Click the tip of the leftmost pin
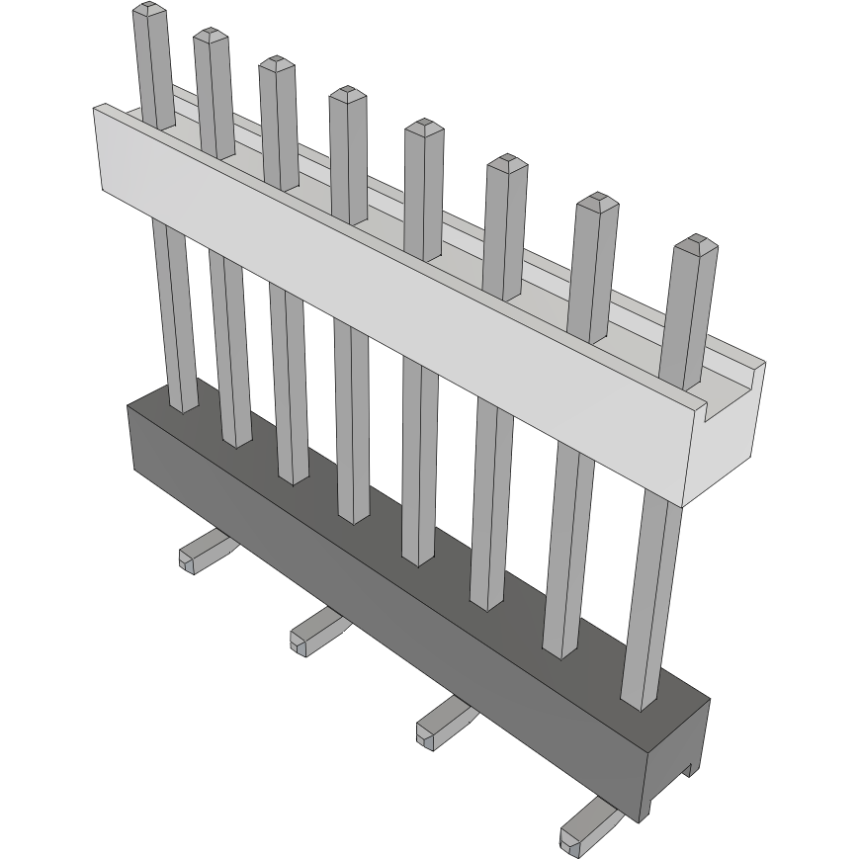(x=146, y=9)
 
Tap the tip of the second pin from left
(x=211, y=36)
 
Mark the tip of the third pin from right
(x=506, y=161)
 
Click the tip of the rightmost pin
(x=694, y=242)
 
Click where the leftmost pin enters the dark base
(x=183, y=404)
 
